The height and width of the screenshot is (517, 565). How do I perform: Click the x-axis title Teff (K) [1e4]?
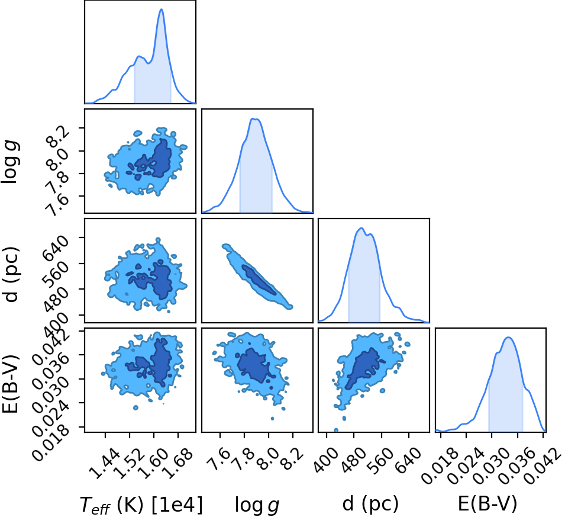point(141,505)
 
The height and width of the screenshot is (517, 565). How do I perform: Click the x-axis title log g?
point(257,505)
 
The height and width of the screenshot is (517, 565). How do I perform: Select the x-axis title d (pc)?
point(370,503)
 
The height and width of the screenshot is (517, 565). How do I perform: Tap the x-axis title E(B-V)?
point(487,503)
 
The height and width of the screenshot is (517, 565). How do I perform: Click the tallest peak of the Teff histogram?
point(162,9)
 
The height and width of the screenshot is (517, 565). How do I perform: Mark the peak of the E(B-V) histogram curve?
point(508,338)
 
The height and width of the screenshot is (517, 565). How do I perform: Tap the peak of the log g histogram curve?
point(255,118)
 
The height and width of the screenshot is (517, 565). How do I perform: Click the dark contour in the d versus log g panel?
point(259,280)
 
